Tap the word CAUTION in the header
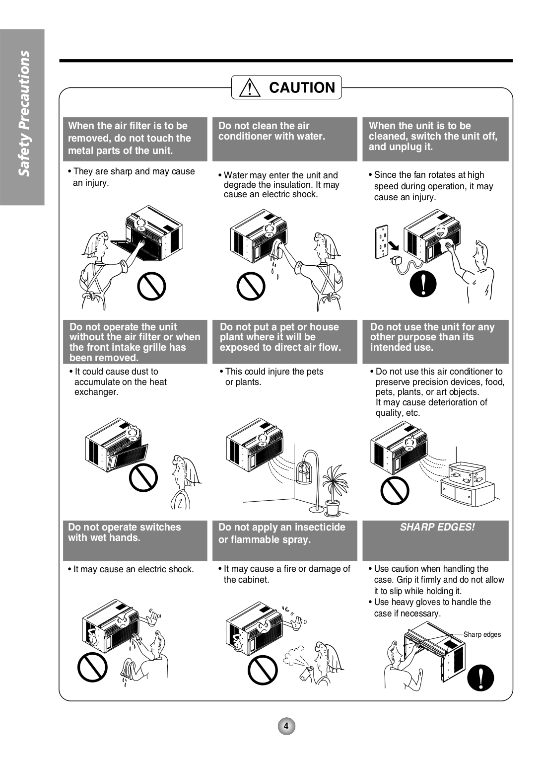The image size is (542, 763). (x=302, y=88)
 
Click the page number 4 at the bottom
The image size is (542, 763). (x=286, y=726)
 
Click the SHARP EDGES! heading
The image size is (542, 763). (x=437, y=527)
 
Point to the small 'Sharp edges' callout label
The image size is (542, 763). (x=482, y=634)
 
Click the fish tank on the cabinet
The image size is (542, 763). (x=467, y=474)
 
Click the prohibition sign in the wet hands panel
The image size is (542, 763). (x=92, y=667)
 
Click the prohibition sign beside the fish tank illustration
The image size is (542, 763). (x=395, y=490)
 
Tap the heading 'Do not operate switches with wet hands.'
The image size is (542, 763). (x=125, y=533)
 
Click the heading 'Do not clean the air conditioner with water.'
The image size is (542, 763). (x=271, y=131)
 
